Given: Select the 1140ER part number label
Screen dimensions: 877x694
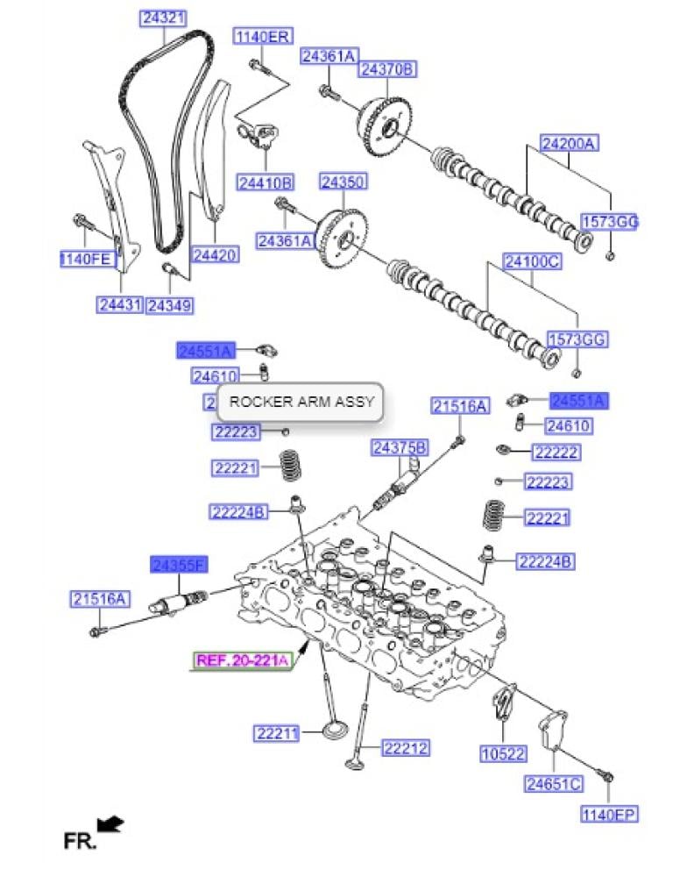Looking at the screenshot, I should pos(261,36).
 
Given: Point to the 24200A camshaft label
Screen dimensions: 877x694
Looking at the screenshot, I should pos(567,144).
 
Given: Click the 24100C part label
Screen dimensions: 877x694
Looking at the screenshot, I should pos(532,261).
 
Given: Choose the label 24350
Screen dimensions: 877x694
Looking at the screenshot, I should pos(343,182).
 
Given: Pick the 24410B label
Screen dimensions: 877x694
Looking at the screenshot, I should pos(265,182).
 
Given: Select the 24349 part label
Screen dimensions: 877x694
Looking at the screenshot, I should pos(170,305).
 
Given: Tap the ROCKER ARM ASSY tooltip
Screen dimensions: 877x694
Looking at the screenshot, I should pos(301,403).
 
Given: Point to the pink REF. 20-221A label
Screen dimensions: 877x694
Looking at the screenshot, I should pos(242,661).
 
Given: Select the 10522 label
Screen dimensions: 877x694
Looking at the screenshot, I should pos(502,752).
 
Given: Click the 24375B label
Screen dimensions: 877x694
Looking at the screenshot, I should pos(400,448).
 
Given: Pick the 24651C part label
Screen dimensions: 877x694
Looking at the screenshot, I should pos(554,783).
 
